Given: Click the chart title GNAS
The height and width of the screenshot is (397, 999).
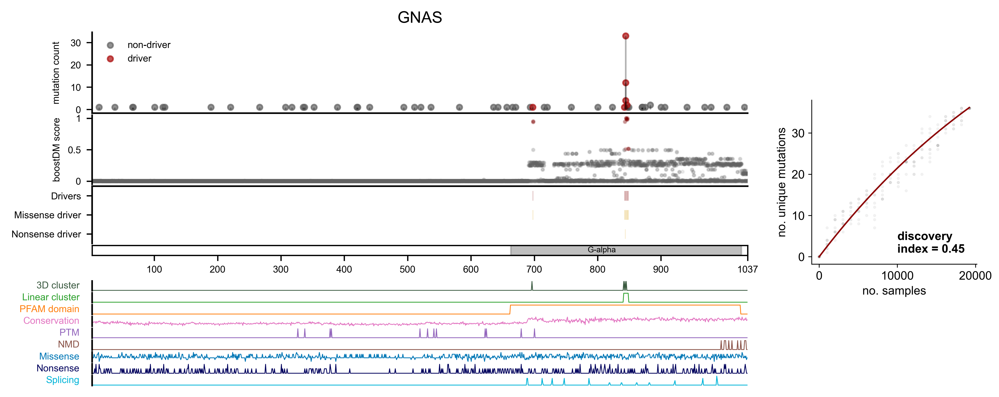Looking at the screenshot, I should (x=420, y=17).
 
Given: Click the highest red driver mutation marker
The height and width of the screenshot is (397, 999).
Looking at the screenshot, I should (x=626, y=36).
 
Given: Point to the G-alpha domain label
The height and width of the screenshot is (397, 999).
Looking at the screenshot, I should (x=601, y=250).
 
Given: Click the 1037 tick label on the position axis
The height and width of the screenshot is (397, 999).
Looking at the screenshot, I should (x=747, y=270).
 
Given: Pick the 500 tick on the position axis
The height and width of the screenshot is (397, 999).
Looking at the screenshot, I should (x=407, y=270).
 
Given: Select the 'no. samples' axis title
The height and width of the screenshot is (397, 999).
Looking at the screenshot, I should (x=894, y=291).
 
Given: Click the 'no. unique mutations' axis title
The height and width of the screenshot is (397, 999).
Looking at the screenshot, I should (x=782, y=182).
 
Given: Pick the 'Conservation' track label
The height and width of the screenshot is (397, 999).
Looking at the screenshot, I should (x=51, y=321).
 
